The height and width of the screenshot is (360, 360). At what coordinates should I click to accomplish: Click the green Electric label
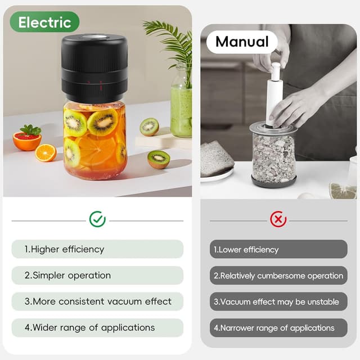[x=44, y=22]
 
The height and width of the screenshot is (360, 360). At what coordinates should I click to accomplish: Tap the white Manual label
[x=242, y=42]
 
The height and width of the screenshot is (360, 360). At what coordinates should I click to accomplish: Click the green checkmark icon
[x=97, y=219]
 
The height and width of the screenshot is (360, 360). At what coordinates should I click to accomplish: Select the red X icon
[x=278, y=219]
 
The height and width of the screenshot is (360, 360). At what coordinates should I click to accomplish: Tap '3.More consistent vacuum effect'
[x=97, y=301]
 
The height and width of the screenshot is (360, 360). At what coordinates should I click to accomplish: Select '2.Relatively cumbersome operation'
[x=278, y=276]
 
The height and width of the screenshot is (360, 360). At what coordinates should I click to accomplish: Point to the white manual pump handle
[x=274, y=93]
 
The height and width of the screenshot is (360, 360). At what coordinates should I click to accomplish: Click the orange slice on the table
[x=46, y=152]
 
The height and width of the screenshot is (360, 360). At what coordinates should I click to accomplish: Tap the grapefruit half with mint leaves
[x=27, y=139]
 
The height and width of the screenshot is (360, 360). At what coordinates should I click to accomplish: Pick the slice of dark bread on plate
[x=216, y=159]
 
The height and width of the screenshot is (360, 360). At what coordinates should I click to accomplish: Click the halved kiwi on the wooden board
[x=149, y=127]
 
